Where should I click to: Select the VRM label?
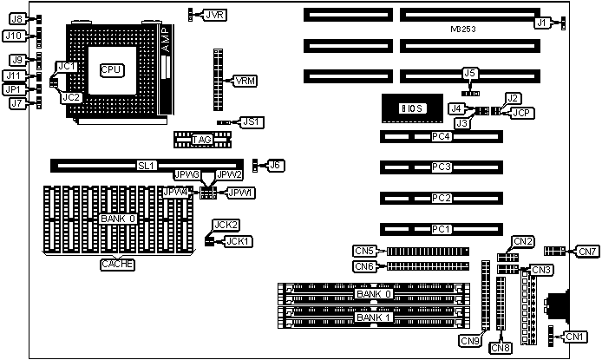[245, 80]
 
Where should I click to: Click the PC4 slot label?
[442, 136]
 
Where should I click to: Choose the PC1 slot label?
[442, 229]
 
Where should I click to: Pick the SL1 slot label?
[146, 163]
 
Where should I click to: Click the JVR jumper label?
[214, 14]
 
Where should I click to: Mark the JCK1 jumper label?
[239, 240]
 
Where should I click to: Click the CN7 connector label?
[587, 252]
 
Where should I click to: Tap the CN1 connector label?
[575, 336]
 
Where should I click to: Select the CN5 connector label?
[364, 251]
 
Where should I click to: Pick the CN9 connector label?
[470, 339]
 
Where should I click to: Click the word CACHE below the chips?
[116, 264]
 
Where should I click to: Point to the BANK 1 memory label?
[375, 317]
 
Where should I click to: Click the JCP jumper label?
[522, 112]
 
